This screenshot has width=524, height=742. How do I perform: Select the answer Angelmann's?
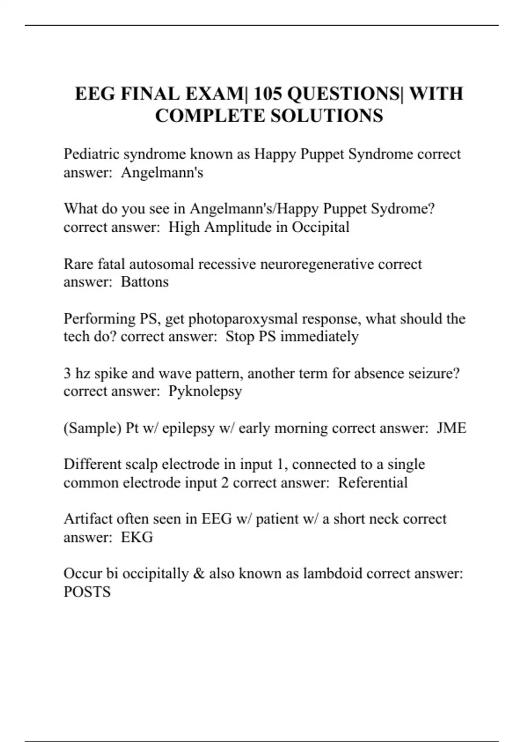pyautogui.click(x=162, y=173)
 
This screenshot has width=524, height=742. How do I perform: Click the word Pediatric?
pyautogui.click(x=92, y=155)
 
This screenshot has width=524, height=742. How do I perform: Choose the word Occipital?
pyautogui.click(x=321, y=227)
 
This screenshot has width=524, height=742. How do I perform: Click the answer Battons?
pyautogui.click(x=145, y=282)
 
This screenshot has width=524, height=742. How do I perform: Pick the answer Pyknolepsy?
pyautogui.click(x=205, y=392)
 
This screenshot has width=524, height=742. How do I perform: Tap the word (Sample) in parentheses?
pyautogui.click(x=92, y=428)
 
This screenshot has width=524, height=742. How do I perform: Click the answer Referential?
pyautogui.click(x=372, y=483)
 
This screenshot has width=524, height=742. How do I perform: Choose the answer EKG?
pyautogui.click(x=137, y=537)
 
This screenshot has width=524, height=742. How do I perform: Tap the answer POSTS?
pyautogui.click(x=87, y=592)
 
